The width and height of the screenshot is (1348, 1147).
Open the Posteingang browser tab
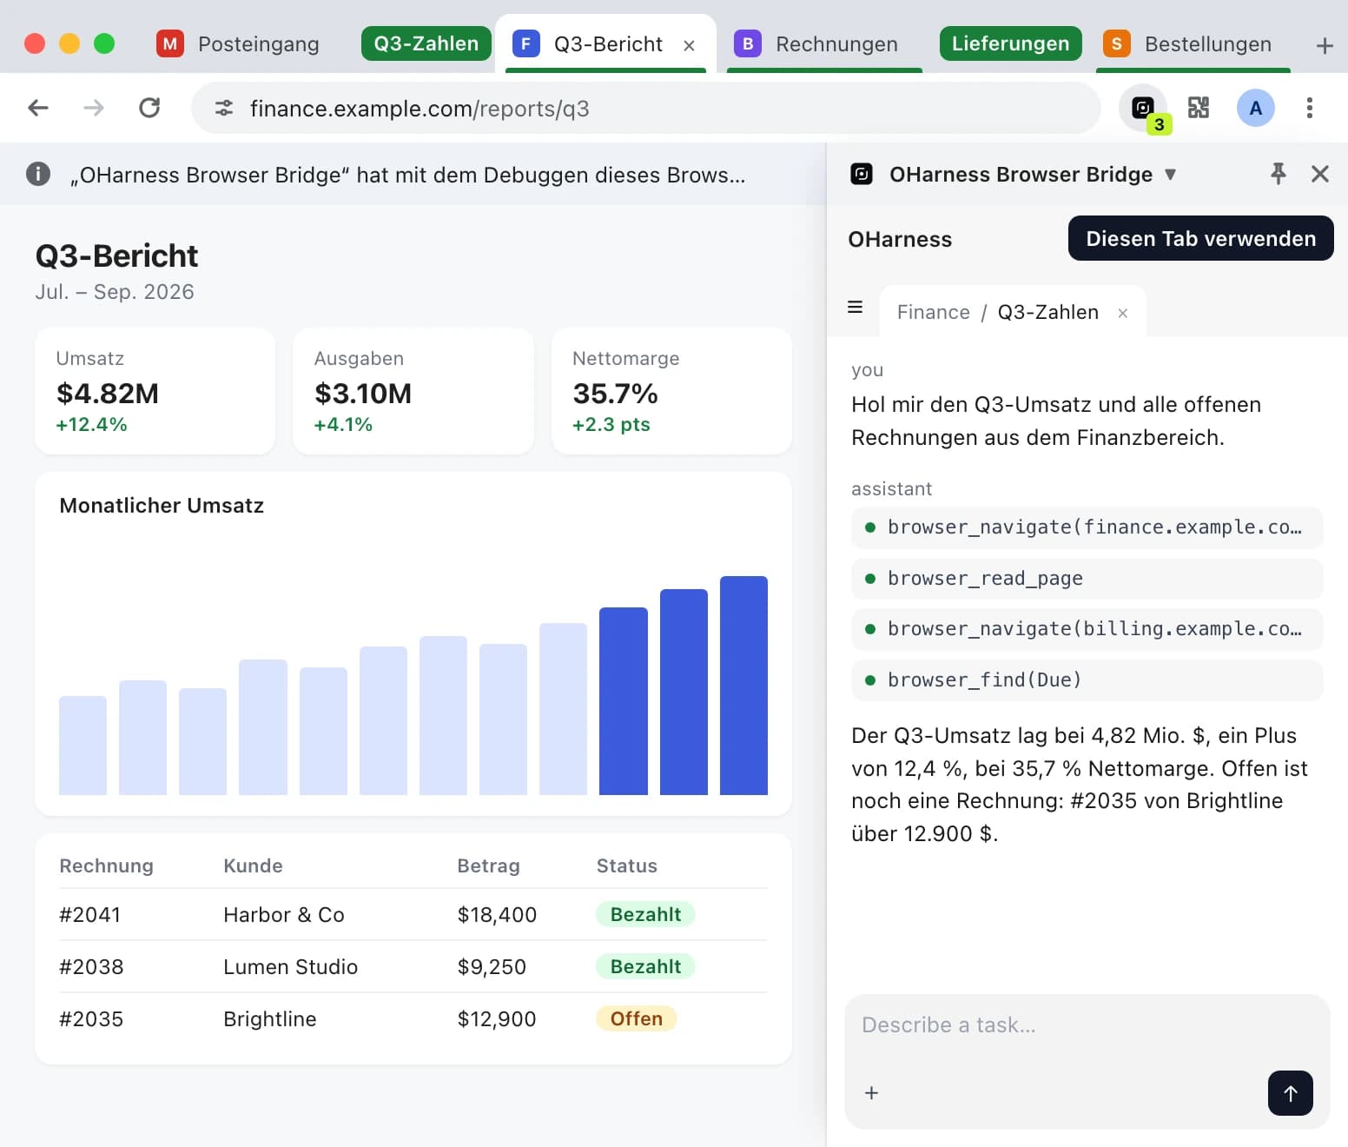click(238, 44)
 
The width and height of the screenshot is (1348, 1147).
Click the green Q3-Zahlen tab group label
click(426, 43)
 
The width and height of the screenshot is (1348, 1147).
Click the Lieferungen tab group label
click(1010, 43)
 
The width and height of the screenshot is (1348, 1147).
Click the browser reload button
click(149, 108)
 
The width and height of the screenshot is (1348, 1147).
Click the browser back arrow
click(38, 108)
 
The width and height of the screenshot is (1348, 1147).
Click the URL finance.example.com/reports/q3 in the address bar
click(420, 109)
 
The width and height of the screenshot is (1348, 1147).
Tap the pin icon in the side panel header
click(1278, 174)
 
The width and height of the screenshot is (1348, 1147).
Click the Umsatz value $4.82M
click(108, 394)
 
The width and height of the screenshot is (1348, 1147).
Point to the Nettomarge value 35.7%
click(615, 394)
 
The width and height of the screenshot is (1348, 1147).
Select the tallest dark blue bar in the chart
click(743, 685)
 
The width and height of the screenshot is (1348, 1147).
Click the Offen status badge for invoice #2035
click(636, 1018)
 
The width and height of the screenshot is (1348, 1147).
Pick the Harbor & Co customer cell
click(284, 915)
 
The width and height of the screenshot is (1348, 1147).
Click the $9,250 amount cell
click(492, 967)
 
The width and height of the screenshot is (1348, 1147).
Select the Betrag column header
click(488, 865)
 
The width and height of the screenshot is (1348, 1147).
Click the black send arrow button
click(1290, 1093)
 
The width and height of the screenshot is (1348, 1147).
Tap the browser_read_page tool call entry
click(1087, 578)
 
